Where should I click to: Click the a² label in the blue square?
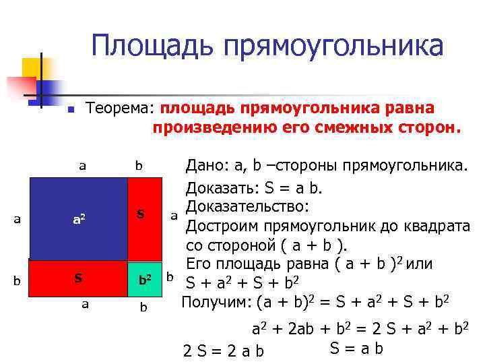(x=79, y=218)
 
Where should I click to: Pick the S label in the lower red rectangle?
(x=79, y=278)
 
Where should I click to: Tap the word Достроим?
(x=218, y=224)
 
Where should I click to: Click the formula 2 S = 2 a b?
(x=224, y=351)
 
